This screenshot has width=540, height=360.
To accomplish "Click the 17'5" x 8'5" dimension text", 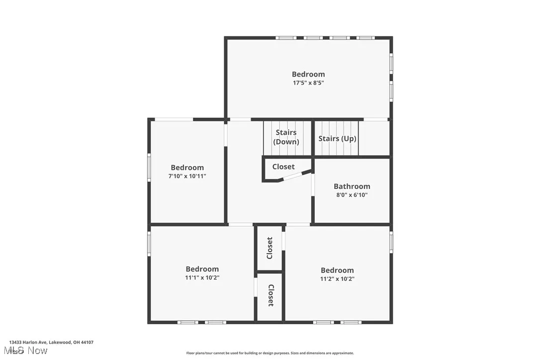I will [x=308, y=83].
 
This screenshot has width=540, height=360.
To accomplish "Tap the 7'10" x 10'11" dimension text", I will [x=187, y=176].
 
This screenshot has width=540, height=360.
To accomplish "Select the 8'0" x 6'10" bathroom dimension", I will [x=352, y=195].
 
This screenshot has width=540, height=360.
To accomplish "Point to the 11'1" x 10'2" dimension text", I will [x=202, y=278].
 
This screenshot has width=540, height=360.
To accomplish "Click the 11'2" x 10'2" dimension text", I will [x=337, y=279].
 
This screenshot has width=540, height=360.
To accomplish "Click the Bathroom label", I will [x=352, y=186].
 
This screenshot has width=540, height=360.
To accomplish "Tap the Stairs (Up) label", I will [x=337, y=139].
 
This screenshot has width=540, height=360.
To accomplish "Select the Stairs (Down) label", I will [x=286, y=137].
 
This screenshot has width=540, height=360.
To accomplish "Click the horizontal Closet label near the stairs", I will [x=283, y=167].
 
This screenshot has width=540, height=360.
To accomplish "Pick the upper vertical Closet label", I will [x=270, y=248].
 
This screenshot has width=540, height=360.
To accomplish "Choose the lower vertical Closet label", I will [x=270, y=295].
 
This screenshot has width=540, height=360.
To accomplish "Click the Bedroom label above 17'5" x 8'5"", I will [x=308, y=74].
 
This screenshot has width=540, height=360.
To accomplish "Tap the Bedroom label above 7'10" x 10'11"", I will [x=187, y=168].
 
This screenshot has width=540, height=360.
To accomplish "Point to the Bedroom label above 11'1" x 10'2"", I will [x=202, y=269].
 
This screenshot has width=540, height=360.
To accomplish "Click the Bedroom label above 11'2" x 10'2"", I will [x=337, y=270].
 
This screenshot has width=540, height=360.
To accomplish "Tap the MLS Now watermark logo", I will [x=28, y=351].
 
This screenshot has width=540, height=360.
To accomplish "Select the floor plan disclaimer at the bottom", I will [x=270, y=353].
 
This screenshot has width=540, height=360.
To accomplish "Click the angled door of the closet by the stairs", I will [x=296, y=176].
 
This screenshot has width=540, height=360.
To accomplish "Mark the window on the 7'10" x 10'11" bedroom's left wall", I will [x=149, y=167].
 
